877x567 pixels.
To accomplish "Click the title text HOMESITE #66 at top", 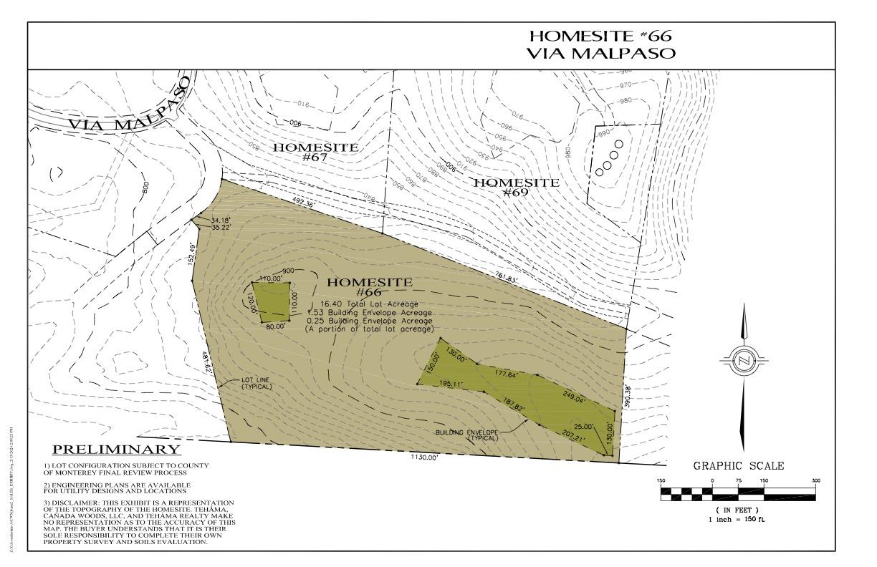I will click(x=600, y=36).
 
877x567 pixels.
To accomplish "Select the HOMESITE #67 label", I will click(x=316, y=152).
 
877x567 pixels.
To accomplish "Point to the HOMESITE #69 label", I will click(x=517, y=187).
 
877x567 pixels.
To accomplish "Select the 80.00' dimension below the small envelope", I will click(x=275, y=326).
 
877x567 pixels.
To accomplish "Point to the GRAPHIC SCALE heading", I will click(x=738, y=466).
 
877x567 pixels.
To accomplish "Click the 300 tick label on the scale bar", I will click(x=815, y=480).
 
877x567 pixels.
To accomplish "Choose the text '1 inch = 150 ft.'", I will click(x=738, y=518).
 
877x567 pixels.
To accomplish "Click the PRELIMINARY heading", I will click(x=117, y=450).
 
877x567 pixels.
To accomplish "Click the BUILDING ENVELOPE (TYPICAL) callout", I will click(x=474, y=435).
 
